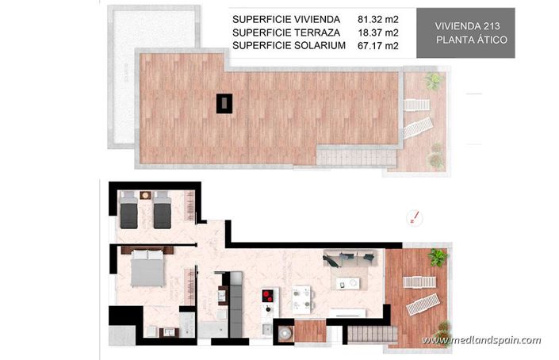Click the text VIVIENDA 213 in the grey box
[466, 25]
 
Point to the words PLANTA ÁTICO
[466, 39]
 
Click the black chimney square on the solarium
[225, 101]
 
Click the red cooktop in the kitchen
[269, 298]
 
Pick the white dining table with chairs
[301, 297]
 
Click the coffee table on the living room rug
[347, 280]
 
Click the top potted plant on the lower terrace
[437, 256]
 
